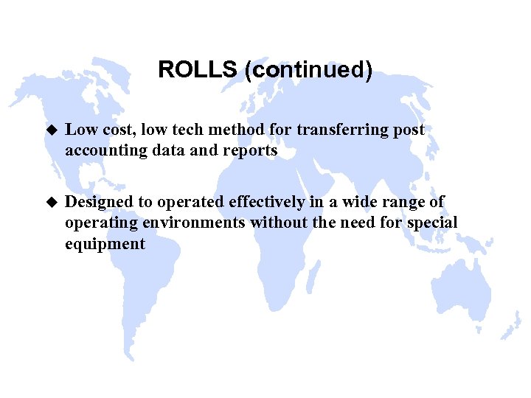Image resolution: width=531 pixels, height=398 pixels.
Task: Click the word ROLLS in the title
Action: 197,70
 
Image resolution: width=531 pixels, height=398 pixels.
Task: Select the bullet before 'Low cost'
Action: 51,130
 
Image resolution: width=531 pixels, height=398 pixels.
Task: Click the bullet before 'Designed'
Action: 51,202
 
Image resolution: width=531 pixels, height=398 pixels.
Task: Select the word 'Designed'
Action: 99,202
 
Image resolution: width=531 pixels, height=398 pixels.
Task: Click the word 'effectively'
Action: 264,202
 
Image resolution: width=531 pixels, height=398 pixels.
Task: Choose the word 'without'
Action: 278,223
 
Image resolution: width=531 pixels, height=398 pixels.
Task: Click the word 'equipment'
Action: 105,244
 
